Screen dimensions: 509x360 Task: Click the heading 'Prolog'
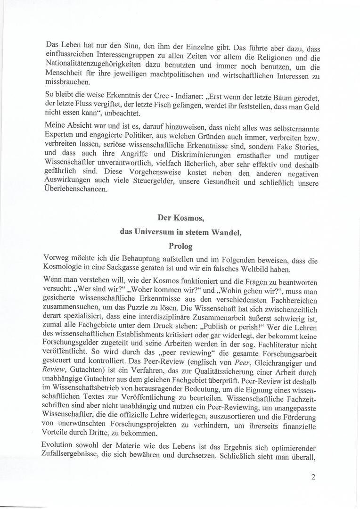click(x=180, y=246)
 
